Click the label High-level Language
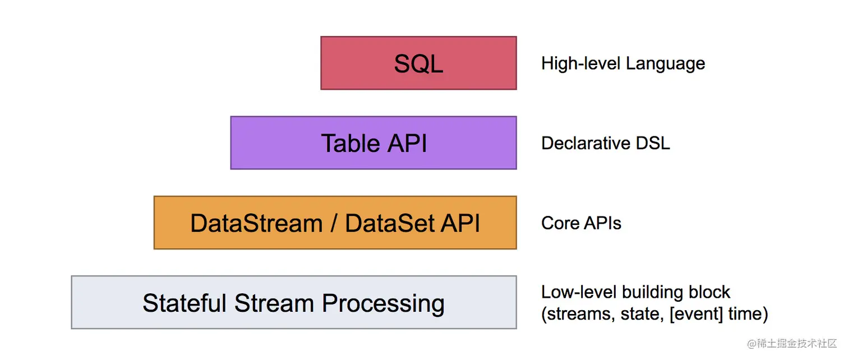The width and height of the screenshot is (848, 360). point(623,63)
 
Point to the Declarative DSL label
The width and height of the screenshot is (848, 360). point(605,143)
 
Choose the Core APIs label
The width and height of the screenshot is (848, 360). point(581,223)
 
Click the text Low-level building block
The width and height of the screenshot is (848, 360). point(635,292)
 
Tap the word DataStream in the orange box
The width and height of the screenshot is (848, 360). point(256,223)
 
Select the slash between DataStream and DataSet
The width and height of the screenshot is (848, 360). point(334,223)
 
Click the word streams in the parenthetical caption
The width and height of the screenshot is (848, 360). point(578,314)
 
